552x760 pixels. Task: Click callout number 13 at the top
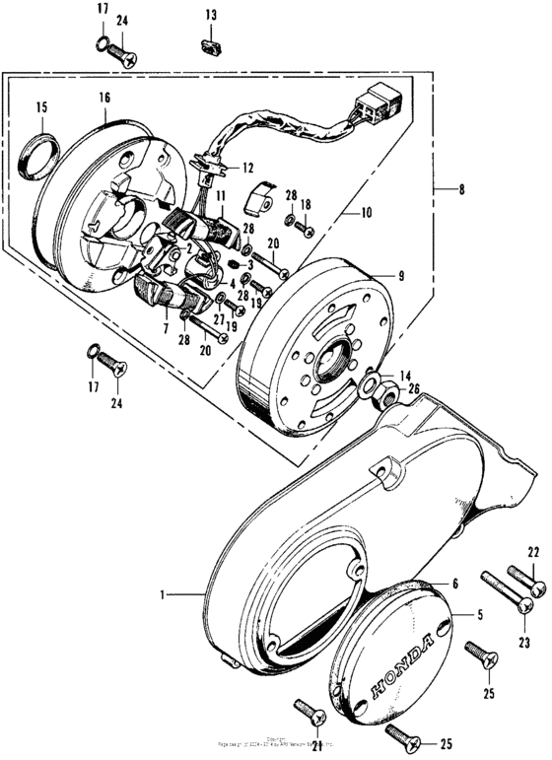pos(210,14)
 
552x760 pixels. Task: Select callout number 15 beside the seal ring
pos(41,106)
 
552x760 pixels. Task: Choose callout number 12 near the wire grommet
pos(247,167)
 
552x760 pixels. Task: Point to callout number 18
pos(305,203)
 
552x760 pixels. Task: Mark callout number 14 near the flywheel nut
pos(403,377)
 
